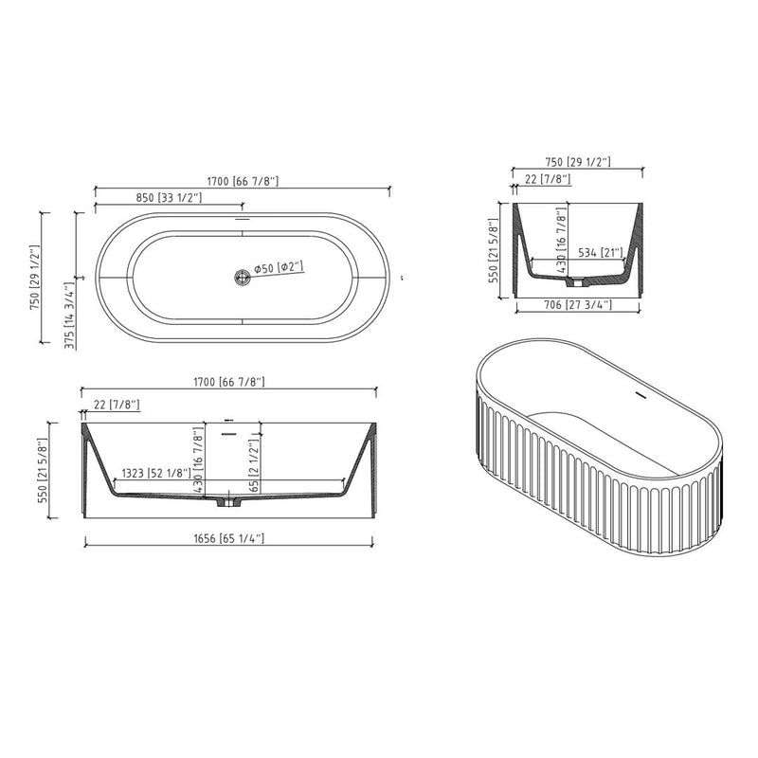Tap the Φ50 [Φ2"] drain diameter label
pyautogui.click(x=278, y=268)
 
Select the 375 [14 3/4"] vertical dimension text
pyautogui.click(x=68, y=316)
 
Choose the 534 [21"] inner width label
pyautogui.click(x=599, y=252)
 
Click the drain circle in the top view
pyautogui.click(x=243, y=276)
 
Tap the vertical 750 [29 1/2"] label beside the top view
pyautogui.click(x=35, y=279)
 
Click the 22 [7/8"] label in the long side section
pyautogui.click(x=117, y=406)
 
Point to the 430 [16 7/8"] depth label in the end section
pyautogui.click(x=561, y=243)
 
